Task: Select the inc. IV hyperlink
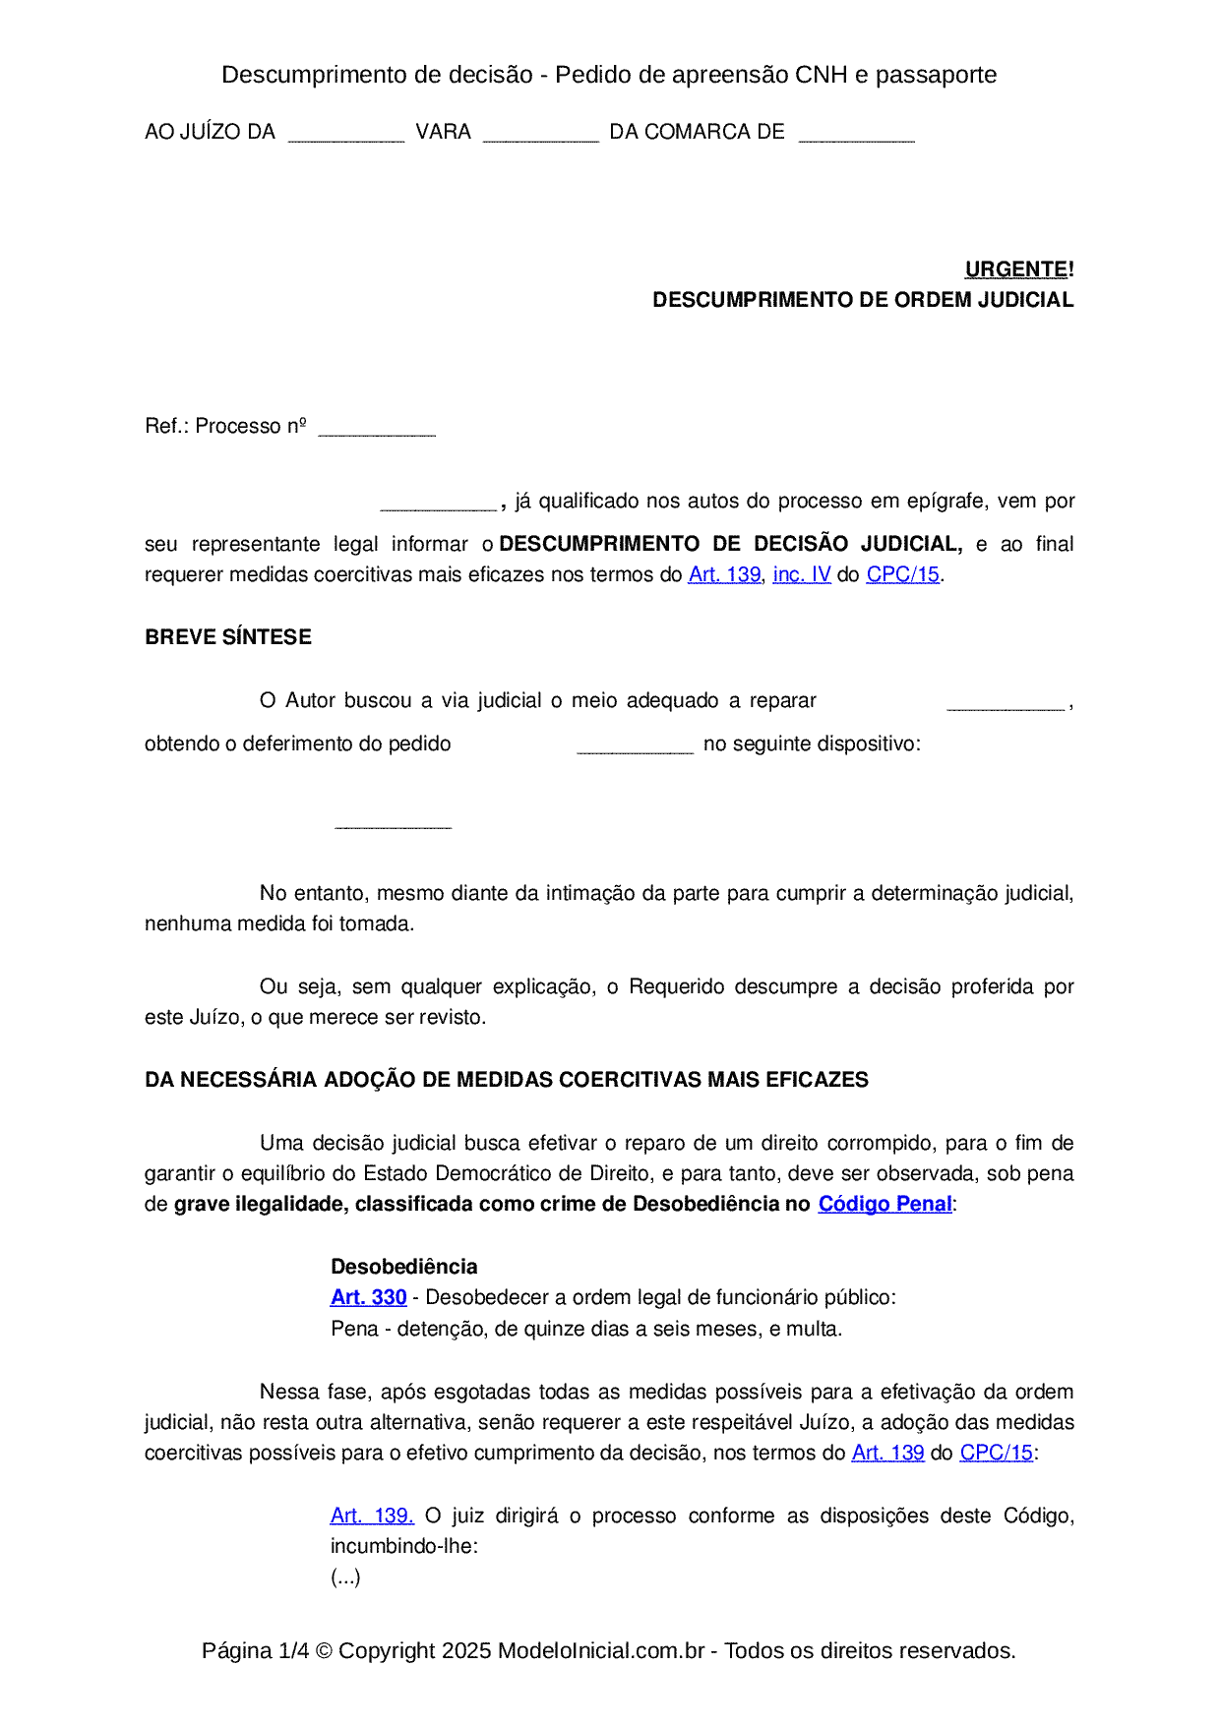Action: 801,574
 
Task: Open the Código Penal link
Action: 884,1204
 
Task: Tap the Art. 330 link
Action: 368,1297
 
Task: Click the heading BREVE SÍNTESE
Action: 228,637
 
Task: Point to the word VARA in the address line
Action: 443,132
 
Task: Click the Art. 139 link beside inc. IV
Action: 724,574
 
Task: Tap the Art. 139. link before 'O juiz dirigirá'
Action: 372,1516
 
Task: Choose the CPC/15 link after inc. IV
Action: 902,574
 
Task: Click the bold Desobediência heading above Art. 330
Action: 403,1267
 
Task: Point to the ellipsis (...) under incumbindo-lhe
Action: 345,1577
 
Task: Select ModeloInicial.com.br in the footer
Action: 600,1650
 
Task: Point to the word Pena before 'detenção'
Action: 354,1329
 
